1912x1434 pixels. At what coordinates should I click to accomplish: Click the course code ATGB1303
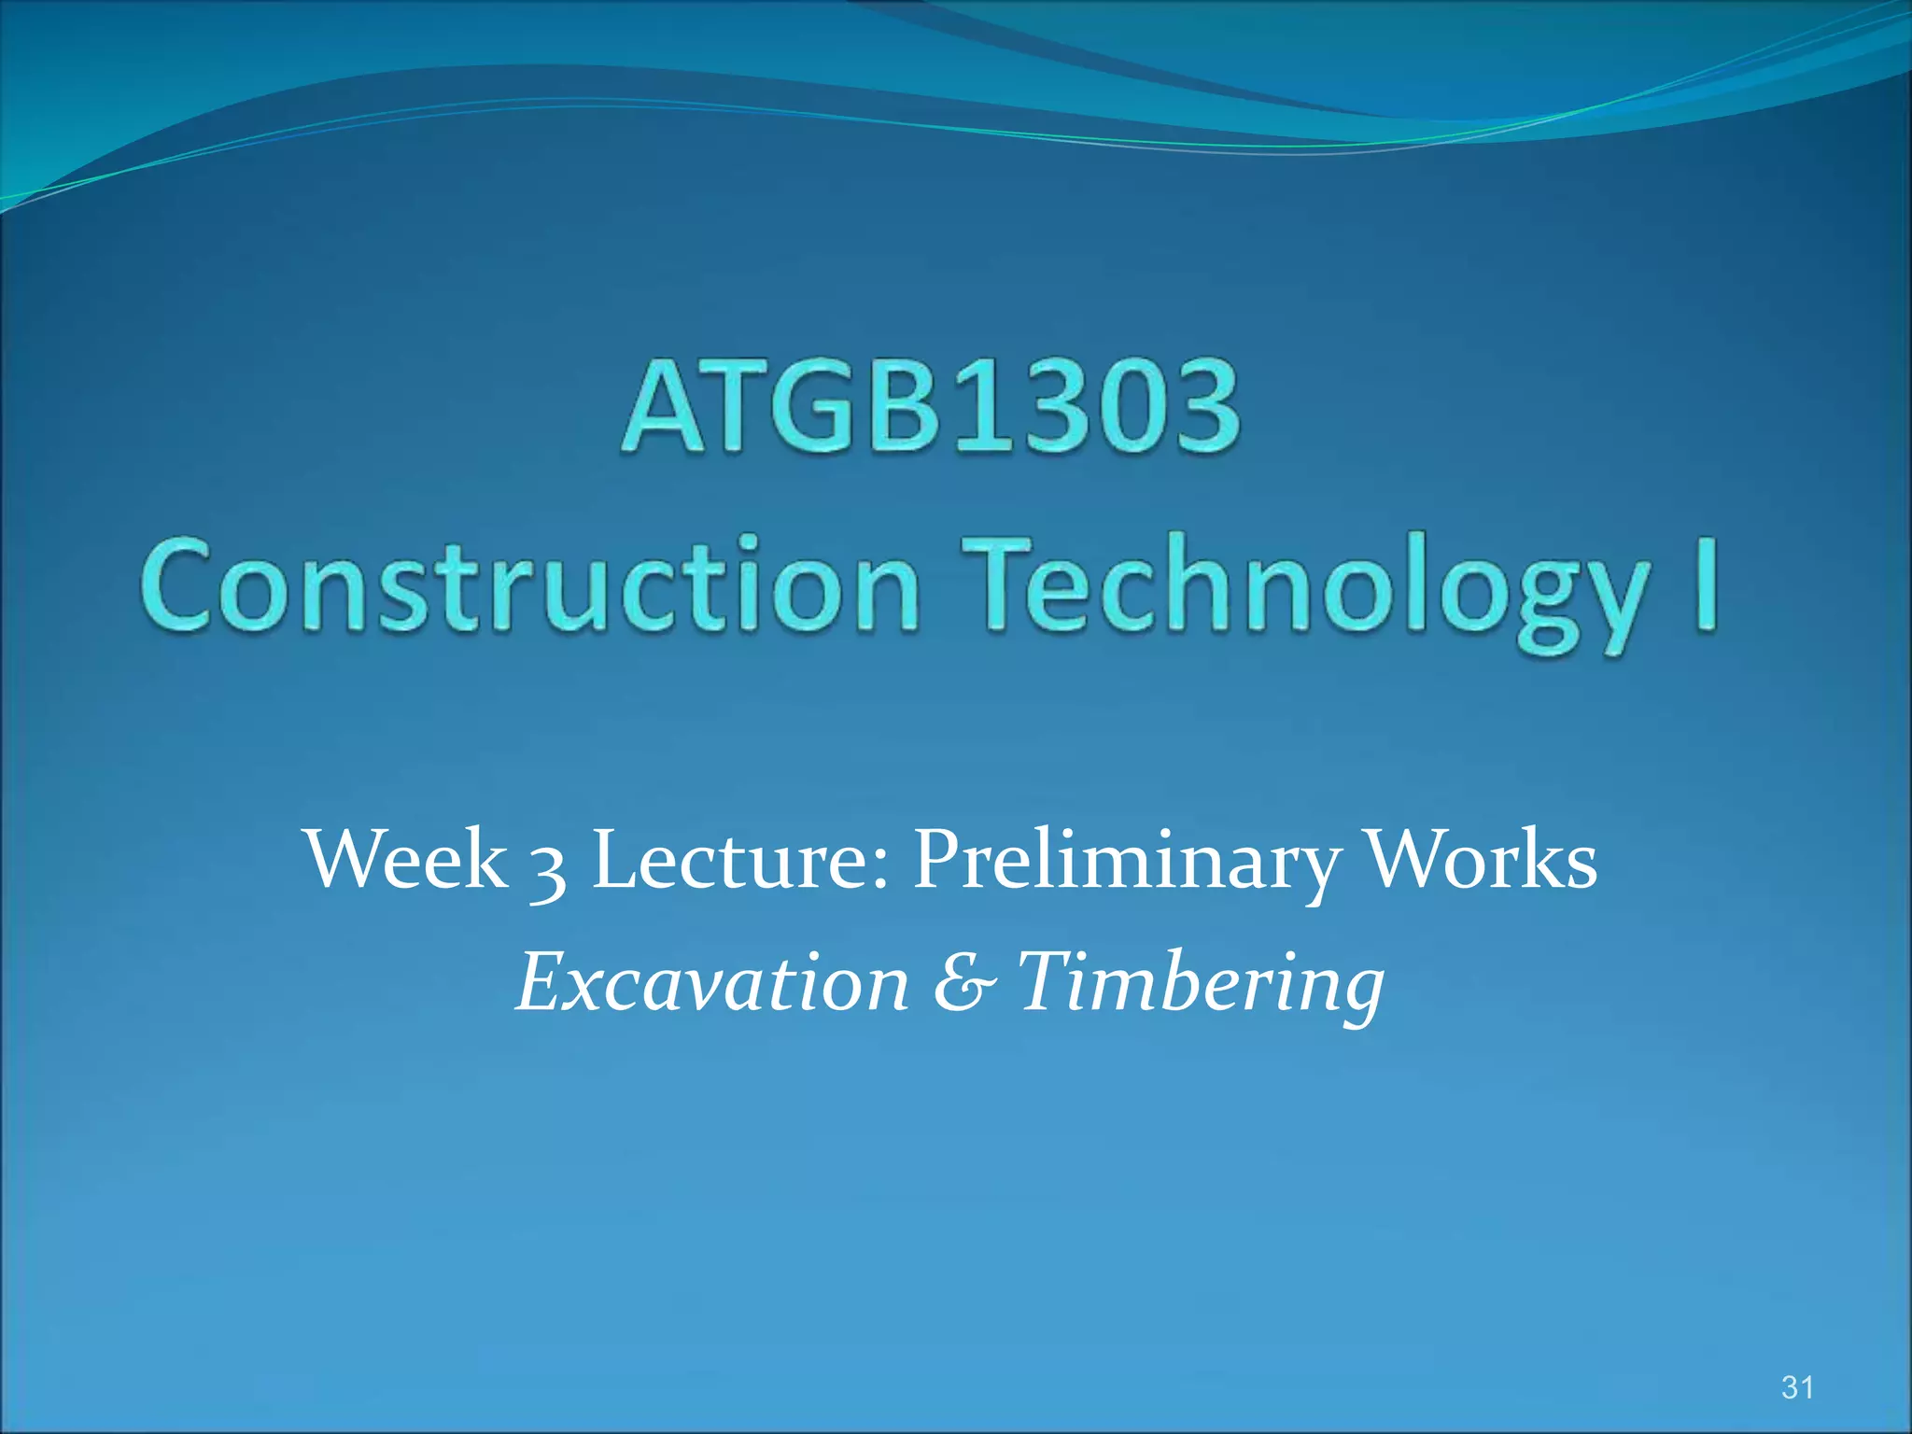[930, 408]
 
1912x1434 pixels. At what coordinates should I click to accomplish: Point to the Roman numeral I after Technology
[1706, 584]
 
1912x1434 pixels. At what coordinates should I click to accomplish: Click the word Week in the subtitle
[407, 859]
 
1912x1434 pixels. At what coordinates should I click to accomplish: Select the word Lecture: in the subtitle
[741, 859]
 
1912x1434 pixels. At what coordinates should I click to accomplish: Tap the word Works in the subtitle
[1482, 859]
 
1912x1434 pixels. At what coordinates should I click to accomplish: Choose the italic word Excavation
[712, 982]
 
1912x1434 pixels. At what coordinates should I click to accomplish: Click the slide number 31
[1797, 1387]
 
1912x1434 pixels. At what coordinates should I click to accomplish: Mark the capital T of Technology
[1005, 584]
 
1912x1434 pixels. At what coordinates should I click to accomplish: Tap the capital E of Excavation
[545, 982]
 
